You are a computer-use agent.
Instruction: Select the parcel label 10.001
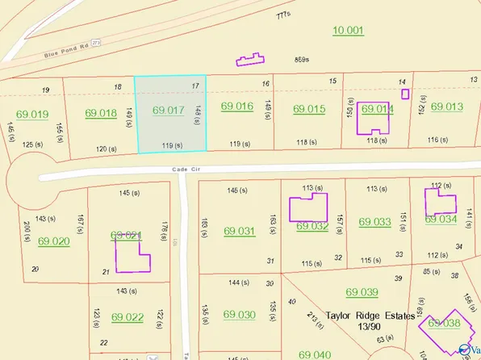[x=348, y=30]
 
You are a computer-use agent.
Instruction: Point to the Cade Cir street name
[x=185, y=169]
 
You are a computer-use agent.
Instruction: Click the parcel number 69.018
[x=102, y=112]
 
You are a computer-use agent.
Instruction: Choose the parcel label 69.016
[x=237, y=106]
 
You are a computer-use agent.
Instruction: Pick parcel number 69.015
[x=309, y=108]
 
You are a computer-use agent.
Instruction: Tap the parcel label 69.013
[x=446, y=107]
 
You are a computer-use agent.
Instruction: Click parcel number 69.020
[x=54, y=241]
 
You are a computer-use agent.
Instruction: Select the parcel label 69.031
[x=239, y=231]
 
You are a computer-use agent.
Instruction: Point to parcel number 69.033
[x=374, y=221]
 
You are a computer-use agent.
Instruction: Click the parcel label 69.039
[x=362, y=292]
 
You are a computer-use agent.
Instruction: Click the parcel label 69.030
[x=239, y=314]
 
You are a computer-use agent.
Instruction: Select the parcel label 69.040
[x=314, y=354]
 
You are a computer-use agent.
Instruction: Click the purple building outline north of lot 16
[x=250, y=58]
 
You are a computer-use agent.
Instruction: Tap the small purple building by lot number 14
[x=405, y=94]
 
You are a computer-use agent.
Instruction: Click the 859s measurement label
[x=303, y=59]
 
